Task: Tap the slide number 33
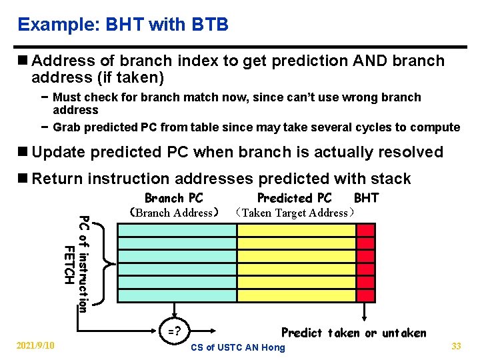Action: tap(457, 345)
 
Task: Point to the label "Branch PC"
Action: tap(174, 198)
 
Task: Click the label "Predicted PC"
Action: tap(294, 198)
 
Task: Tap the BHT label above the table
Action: tap(366, 198)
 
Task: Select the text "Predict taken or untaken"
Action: tap(353, 333)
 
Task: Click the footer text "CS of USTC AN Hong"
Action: tap(238, 347)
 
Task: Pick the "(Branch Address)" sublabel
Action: tap(175, 213)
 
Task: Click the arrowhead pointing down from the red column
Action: tap(365, 317)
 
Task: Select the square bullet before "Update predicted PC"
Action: tap(23, 152)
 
